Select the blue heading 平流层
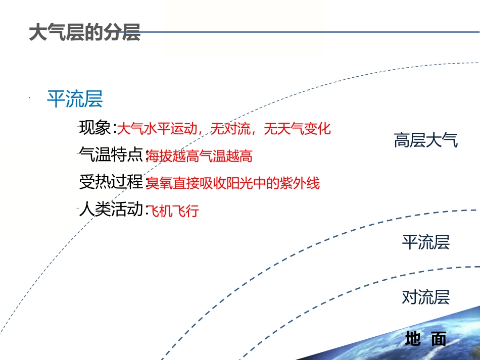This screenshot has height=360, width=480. click(75, 99)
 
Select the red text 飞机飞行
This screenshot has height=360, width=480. click(172, 211)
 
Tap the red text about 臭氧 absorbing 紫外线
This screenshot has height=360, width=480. click(233, 183)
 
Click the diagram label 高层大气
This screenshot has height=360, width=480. click(425, 140)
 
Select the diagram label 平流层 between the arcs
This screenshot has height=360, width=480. click(425, 243)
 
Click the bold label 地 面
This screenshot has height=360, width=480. click(425, 339)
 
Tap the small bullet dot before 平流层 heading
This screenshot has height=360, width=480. click(30, 97)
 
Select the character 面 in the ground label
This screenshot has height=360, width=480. click(439, 339)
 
